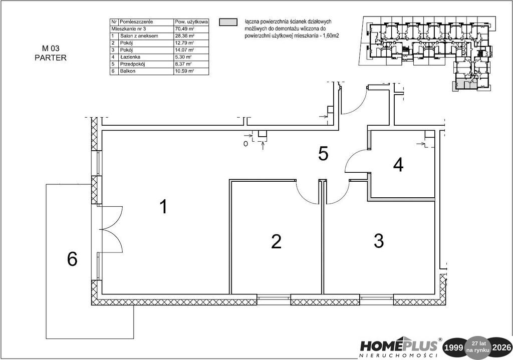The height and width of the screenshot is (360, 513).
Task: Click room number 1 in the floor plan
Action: pos(163,207)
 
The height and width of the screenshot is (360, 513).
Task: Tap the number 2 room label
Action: pos(276,242)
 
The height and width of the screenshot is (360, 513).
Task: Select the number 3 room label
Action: pos(379,241)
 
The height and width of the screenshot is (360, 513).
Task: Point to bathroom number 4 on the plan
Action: pos(398,165)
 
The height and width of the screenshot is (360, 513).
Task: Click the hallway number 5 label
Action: pos(323,154)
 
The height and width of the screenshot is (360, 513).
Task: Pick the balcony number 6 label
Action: pos(72,259)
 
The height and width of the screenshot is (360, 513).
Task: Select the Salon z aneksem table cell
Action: pos(139,36)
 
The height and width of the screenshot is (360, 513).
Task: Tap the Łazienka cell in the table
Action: pos(130,57)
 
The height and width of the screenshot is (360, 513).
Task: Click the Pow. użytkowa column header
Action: pos(191,22)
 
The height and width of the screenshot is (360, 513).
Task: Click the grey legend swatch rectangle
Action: pos(228,22)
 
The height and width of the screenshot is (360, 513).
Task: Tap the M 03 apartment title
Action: pos(51,49)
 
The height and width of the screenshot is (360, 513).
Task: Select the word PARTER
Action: pos(51,58)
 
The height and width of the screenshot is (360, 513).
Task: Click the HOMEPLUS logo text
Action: pos(399,345)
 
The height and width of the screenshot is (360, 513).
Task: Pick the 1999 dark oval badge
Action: pos(455,347)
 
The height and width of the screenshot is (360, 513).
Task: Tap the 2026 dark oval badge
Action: pos(501,347)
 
